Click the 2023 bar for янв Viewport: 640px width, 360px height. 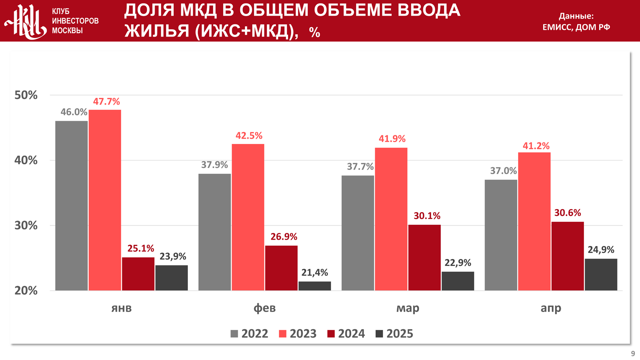coord(105,200)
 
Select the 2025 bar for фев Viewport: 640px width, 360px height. coord(315,286)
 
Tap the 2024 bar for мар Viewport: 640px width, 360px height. coord(424,258)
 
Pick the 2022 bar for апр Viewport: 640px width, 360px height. coord(501,235)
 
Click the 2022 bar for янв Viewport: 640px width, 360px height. coord(71,206)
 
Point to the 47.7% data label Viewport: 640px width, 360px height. coord(106,102)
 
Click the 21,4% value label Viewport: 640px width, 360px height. coord(315,273)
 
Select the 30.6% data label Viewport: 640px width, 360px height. coord(568,213)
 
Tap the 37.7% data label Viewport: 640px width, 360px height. coord(360,167)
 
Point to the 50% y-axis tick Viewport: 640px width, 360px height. coord(26,95)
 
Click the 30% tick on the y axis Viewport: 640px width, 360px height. coord(26,226)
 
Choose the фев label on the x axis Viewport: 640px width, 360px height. coord(264,308)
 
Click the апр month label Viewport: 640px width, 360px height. coord(551,308)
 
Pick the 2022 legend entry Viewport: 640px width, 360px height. coord(250,334)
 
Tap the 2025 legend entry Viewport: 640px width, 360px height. coord(394,334)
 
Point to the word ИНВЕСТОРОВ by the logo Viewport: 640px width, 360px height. coord(75,21)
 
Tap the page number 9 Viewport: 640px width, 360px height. coord(633,354)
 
